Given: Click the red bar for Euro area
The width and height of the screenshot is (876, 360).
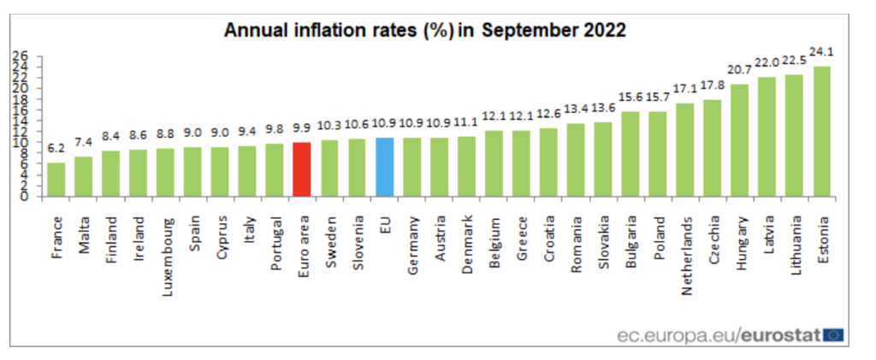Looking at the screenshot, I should pyautogui.click(x=301, y=169).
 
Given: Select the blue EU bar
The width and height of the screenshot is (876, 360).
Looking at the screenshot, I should pyautogui.click(x=384, y=167).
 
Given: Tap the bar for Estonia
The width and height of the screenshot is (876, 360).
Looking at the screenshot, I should pyautogui.click(x=822, y=131).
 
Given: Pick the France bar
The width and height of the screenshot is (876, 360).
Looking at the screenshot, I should pyautogui.click(x=56, y=179).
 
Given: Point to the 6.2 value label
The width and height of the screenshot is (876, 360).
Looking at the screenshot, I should pyautogui.click(x=56, y=149).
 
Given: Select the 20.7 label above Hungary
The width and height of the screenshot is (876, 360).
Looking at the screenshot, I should pyautogui.click(x=739, y=68).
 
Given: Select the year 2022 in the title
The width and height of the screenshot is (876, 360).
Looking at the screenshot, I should pyautogui.click(x=602, y=31).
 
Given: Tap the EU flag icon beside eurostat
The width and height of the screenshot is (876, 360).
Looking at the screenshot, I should pyautogui.click(x=833, y=333).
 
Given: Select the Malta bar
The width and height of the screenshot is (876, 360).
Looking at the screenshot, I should pyautogui.click(x=84, y=176).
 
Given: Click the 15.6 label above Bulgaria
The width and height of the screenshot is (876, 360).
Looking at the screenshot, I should pyautogui.click(x=630, y=98).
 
